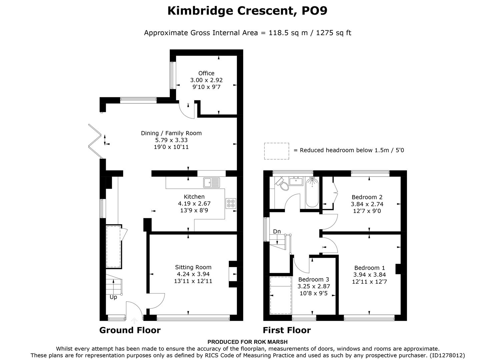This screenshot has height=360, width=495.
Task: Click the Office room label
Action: (206, 73)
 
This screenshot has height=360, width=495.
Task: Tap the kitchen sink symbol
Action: (212, 182)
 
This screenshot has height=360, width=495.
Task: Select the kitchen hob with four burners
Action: (231, 203)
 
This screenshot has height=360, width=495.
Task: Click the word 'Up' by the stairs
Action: (113, 297)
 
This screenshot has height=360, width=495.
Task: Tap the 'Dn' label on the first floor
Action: (277, 231)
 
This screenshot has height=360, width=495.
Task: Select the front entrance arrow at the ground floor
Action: (134, 321)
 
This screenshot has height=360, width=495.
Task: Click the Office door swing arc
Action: (186, 111)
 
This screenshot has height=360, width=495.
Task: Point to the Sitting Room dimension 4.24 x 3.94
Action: (193, 274)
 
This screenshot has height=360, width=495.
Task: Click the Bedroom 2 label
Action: (367, 197)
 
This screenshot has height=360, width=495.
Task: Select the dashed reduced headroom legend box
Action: (277, 151)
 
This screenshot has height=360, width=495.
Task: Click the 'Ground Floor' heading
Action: (130, 330)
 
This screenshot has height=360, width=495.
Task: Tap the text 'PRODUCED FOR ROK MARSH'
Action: (247, 342)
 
